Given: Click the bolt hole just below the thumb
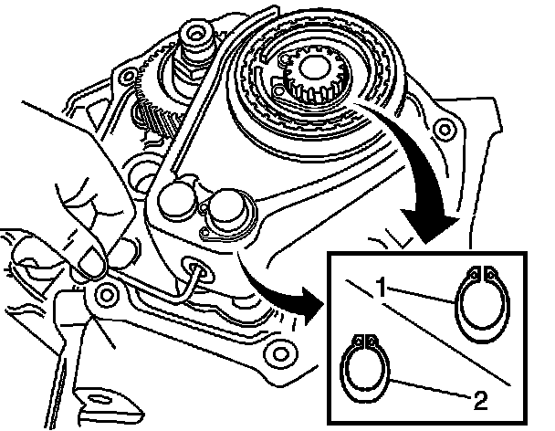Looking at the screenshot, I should [x=108, y=295].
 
